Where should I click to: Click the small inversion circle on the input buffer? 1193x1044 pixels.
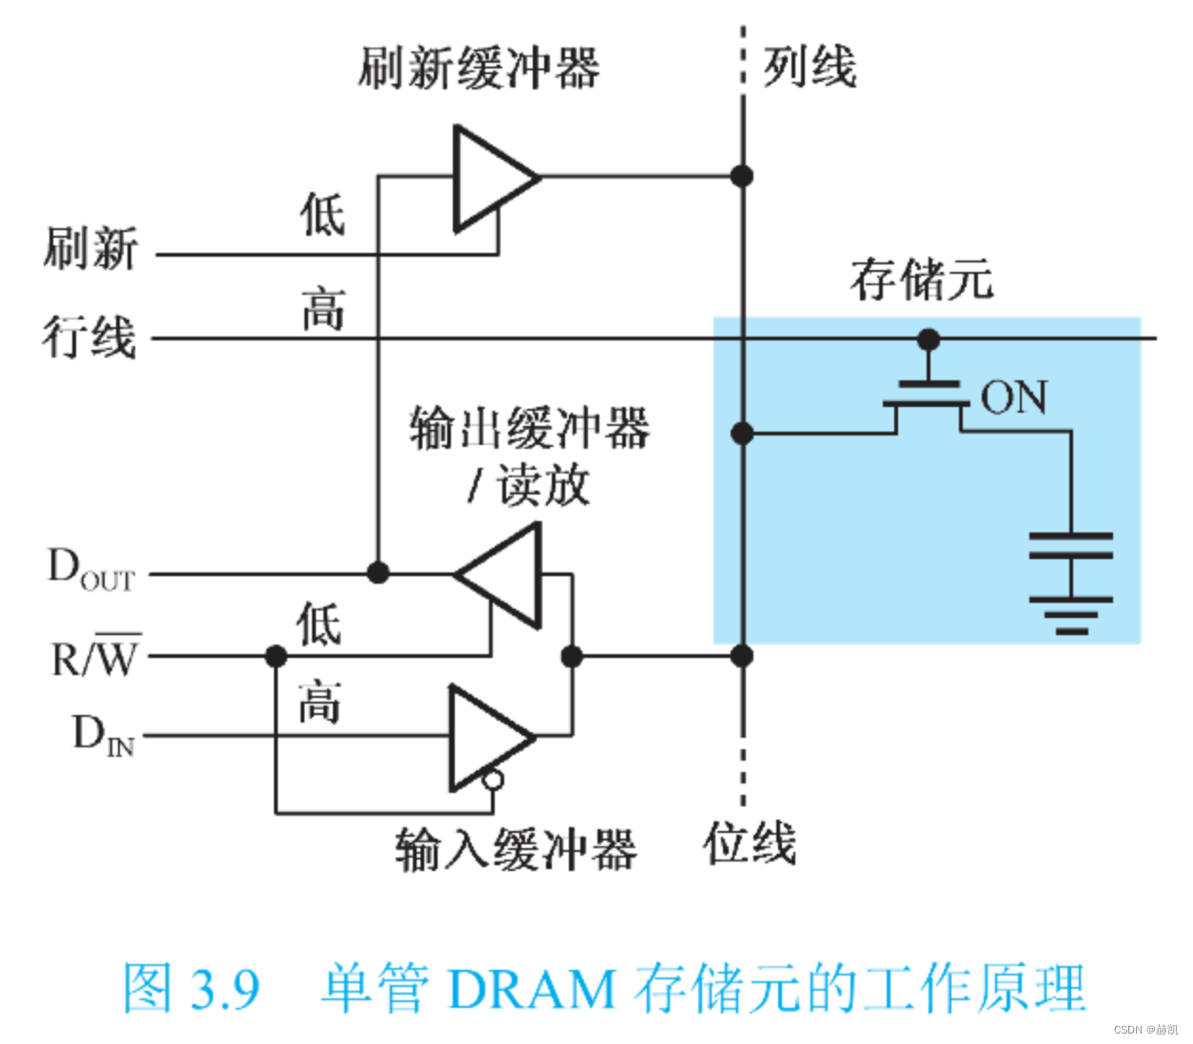492,781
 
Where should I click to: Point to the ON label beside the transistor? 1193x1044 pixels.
1014,397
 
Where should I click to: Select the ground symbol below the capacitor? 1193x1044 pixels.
1070,613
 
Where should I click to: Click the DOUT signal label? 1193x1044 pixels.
91,570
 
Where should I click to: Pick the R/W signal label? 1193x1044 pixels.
95,656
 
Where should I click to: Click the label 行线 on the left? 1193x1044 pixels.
89,338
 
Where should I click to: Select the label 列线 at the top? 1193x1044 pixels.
810,67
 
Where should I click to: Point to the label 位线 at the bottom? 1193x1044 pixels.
749,844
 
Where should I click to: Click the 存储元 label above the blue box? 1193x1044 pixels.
921,280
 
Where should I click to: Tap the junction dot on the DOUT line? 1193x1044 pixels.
378,572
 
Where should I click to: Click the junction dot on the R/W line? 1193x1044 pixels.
276,656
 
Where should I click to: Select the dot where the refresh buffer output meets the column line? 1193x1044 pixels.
742,176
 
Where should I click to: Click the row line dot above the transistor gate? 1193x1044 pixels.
929,339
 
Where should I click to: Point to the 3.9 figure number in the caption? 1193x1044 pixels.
225,989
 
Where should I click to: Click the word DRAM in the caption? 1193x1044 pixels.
531,989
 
